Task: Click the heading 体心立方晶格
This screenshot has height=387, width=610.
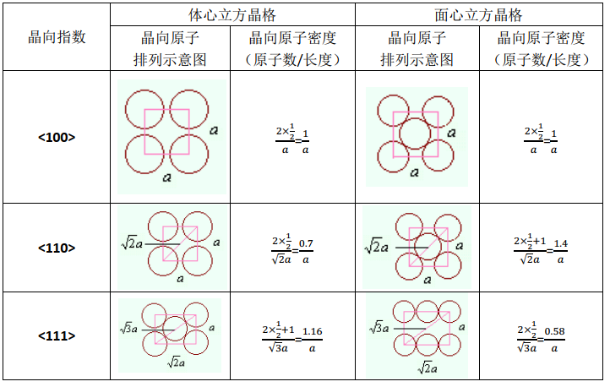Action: point(231,15)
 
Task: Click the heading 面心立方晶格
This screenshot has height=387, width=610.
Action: point(480,15)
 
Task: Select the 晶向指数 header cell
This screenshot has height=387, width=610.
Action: point(57,37)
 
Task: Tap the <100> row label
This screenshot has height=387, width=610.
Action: point(57,137)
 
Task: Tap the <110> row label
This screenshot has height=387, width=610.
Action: point(57,248)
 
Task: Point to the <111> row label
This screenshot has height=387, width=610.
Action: point(57,335)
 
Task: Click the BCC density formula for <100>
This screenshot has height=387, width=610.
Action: point(292,139)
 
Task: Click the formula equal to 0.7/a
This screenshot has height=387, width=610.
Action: point(292,249)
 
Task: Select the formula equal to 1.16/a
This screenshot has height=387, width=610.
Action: point(292,337)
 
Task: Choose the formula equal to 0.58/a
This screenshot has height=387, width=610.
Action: point(541,337)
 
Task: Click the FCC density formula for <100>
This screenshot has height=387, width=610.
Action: point(541,139)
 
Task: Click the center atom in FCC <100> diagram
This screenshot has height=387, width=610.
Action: point(415,134)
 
